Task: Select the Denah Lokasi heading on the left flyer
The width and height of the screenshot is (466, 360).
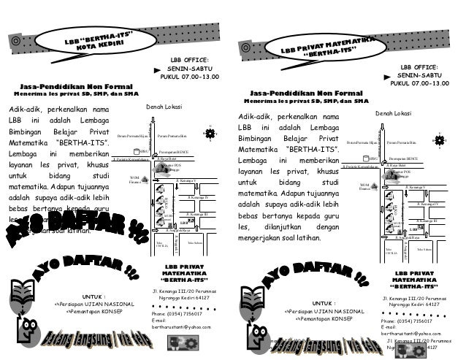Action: (x=164, y=106)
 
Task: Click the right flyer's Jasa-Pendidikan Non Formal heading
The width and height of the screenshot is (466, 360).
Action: (x=306, y=94)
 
